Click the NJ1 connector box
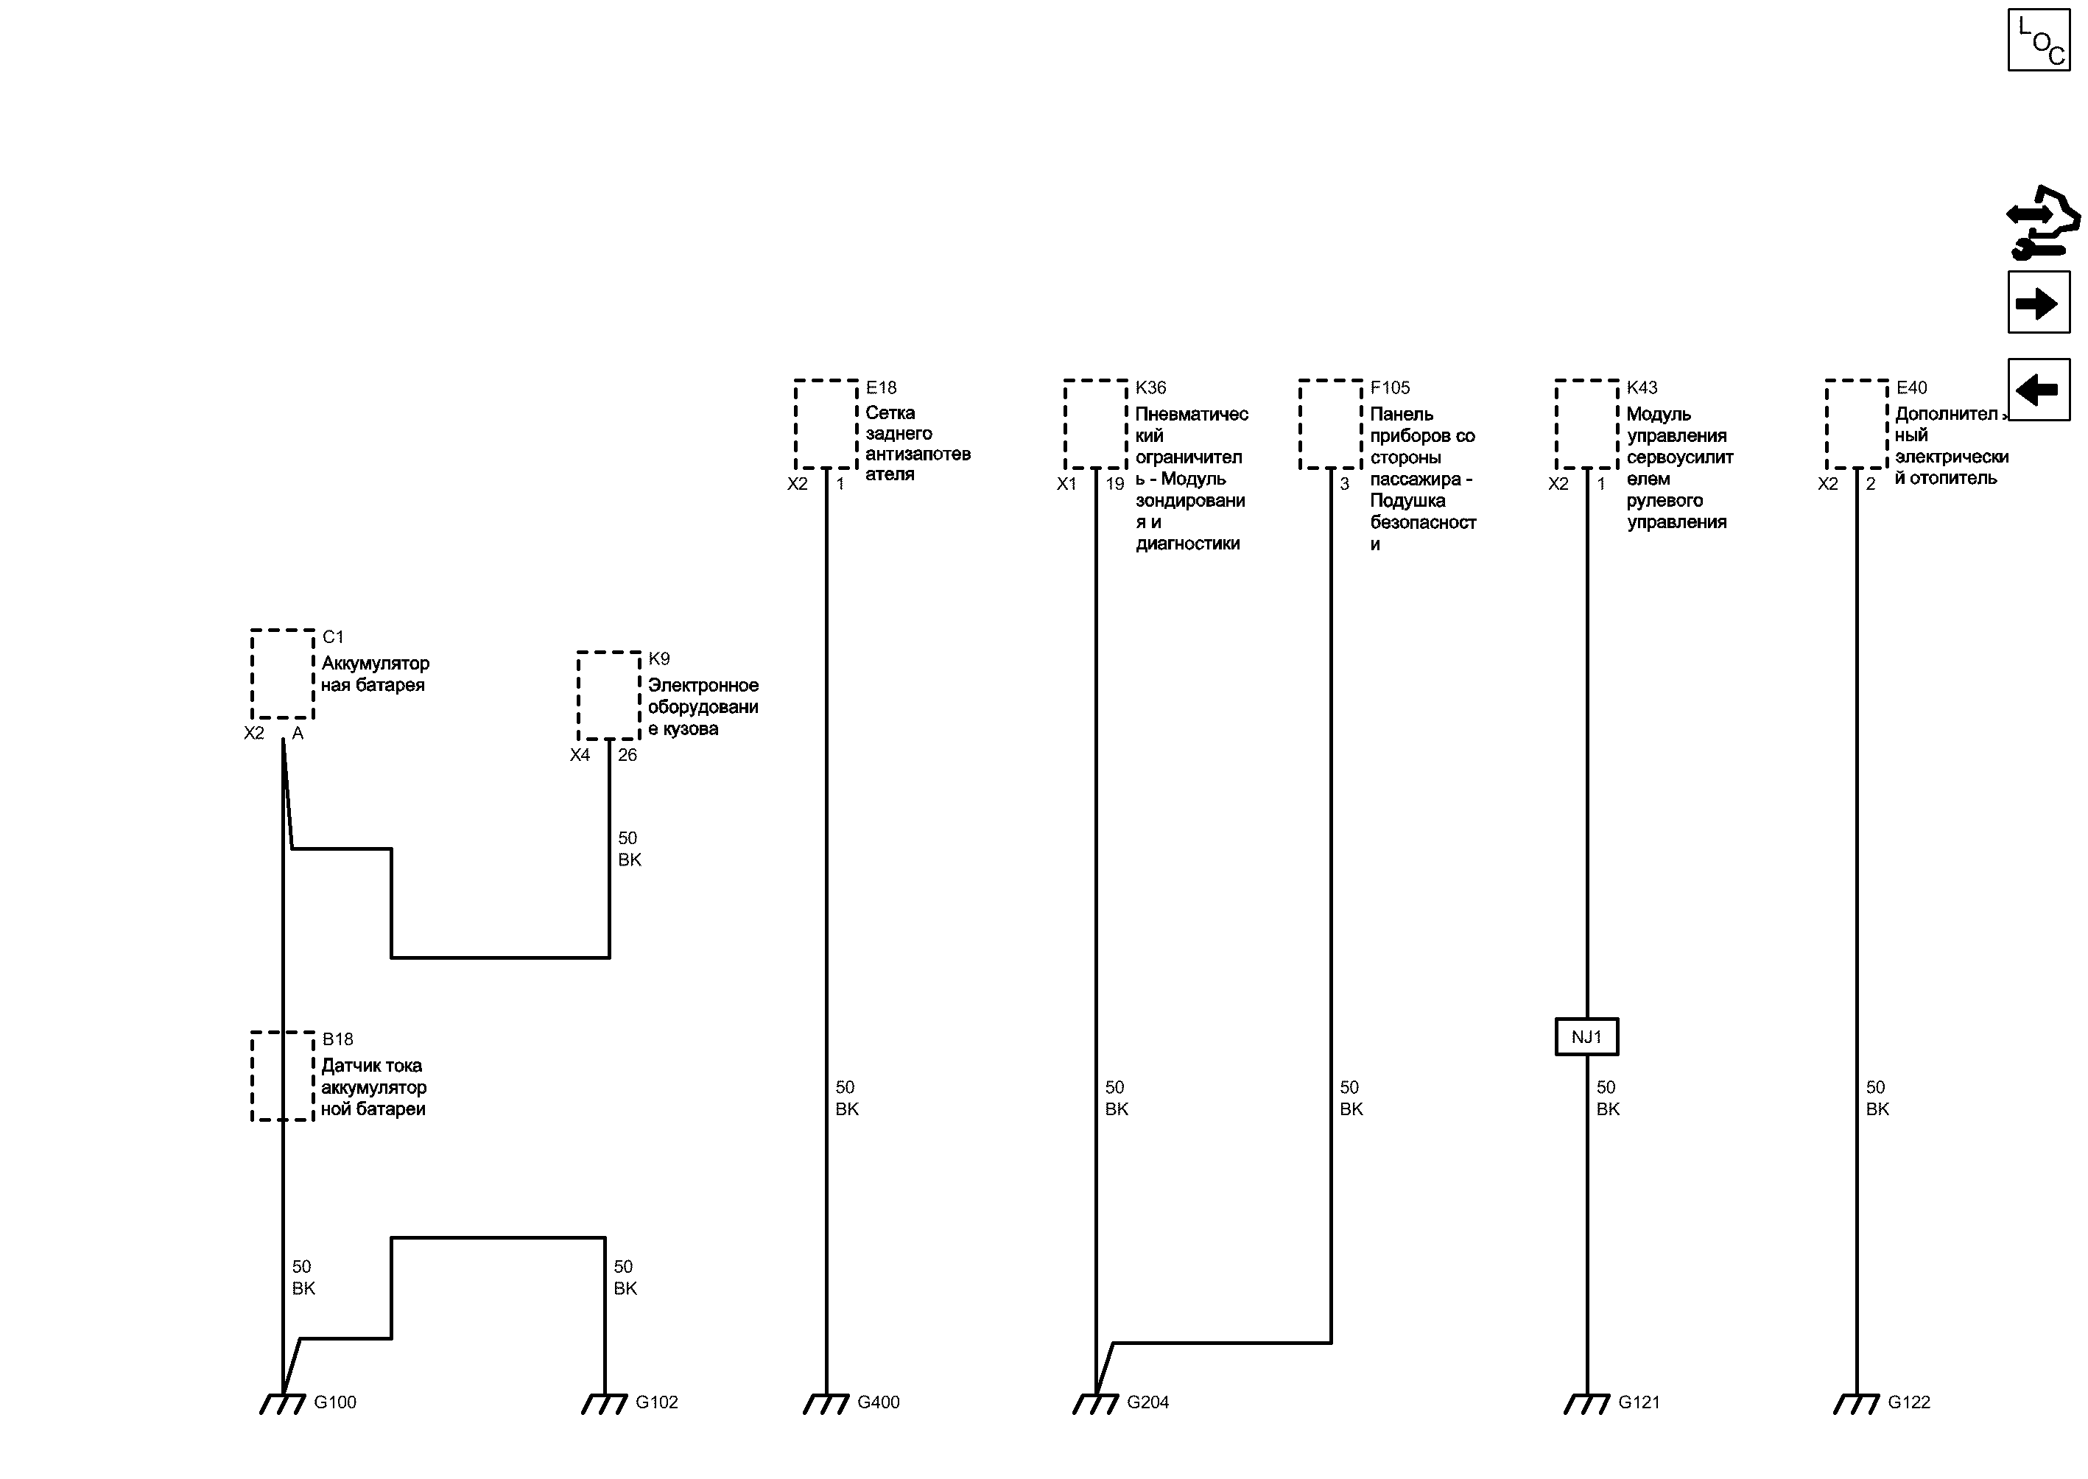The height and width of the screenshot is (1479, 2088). coord(1586,1036)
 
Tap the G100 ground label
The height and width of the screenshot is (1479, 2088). coord(335,1402)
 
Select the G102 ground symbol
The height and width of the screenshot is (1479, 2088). coord(605,1405)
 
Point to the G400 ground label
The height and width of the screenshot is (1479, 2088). coord(879,1402)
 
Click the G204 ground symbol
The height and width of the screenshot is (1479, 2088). coord(1095,1405)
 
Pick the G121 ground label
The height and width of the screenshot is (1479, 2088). coord(1639,1402)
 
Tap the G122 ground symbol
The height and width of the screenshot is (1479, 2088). coord(1857,1405)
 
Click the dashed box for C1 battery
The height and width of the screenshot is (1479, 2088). coord(282,674)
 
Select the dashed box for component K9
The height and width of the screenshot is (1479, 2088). coord(608,696)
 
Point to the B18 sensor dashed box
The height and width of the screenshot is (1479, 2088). coord(282,1076)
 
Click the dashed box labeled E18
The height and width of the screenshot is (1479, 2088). coord(826,424)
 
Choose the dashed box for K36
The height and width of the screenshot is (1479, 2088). coord(1095,424)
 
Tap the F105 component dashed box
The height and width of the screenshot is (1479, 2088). coord(1330,424)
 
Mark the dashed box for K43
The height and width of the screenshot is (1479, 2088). coord(1586,424)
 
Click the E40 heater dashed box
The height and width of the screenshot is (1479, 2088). coord(1857,424)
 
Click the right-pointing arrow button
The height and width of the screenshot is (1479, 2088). coord(2039,303)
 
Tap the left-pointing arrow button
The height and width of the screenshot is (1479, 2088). coord(2039,390)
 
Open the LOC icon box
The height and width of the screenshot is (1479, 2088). coord(2039,39)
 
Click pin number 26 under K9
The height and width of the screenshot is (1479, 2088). coord(628,755)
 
